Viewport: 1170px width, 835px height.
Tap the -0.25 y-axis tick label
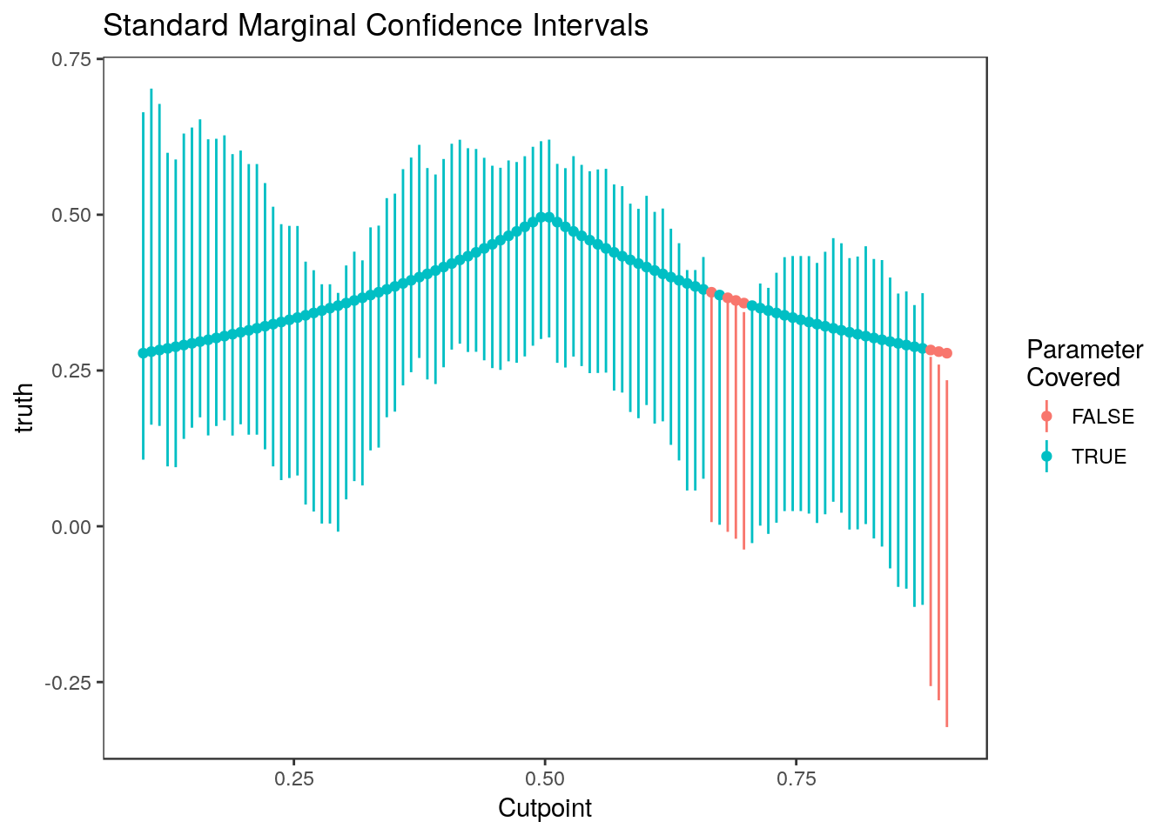tap(70, 682)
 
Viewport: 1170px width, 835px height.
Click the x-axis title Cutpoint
tap(545, 809)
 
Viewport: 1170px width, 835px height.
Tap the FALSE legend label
tap(1103, 417)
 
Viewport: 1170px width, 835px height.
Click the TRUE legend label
tap(1099, 457)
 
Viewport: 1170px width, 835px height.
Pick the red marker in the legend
tap(1046, 417)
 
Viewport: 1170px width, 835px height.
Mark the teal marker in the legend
tap(1046, 457)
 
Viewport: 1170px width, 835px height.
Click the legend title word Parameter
tap(1085, 350)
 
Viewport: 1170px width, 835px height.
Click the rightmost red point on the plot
tap(947, 353)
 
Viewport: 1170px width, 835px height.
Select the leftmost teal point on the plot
tap(143, 353)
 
